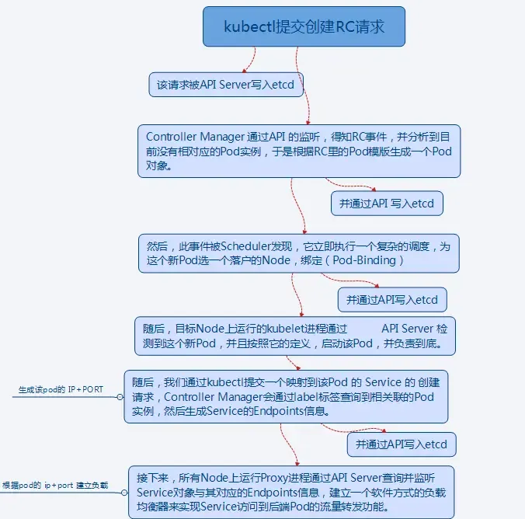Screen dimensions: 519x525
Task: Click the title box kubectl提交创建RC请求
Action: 304,26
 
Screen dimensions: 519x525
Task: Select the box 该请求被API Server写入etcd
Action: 226,84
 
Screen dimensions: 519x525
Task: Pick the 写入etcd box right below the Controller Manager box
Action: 387,204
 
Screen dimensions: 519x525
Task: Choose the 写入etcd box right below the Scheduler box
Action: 392,300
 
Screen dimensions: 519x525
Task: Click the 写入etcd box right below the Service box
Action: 401,444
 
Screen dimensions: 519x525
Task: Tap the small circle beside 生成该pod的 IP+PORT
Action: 120,396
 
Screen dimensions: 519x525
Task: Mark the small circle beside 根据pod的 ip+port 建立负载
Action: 123,493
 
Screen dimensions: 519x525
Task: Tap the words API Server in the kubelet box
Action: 408,329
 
